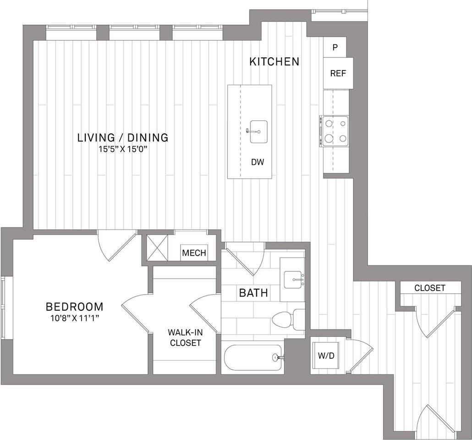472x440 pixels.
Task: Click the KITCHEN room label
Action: click(x=274, y=61)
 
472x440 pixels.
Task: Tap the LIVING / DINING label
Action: click(x=123, y=137)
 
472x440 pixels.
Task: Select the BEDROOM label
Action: click(x=74, y=307)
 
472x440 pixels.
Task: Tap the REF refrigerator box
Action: click(x=338, y=73)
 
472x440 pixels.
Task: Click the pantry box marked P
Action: click(x=335, y=47)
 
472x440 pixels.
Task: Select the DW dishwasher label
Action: click(x=258, y=162)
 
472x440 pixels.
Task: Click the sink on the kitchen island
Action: click(x=258, y=132)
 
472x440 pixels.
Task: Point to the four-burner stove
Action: click(x=335, y=131)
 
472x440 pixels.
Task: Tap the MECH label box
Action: click(x=194, y=253)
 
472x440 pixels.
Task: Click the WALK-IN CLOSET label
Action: click(x=185, y=337)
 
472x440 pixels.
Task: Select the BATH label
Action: click(x=253, y=292)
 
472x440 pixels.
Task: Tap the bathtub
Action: click(x=253, y=357)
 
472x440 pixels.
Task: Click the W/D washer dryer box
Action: click(x=326, y=355)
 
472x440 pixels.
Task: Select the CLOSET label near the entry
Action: click(x=429, y=288)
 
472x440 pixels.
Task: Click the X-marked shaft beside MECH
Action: click(x=157, y=248)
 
